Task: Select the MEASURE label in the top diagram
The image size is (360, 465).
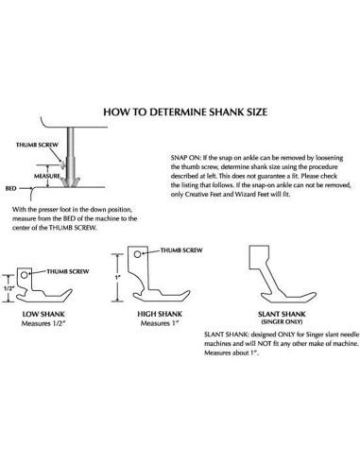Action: (x=46, y=175)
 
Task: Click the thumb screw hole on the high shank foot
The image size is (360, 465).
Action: (x=138, y=254)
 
